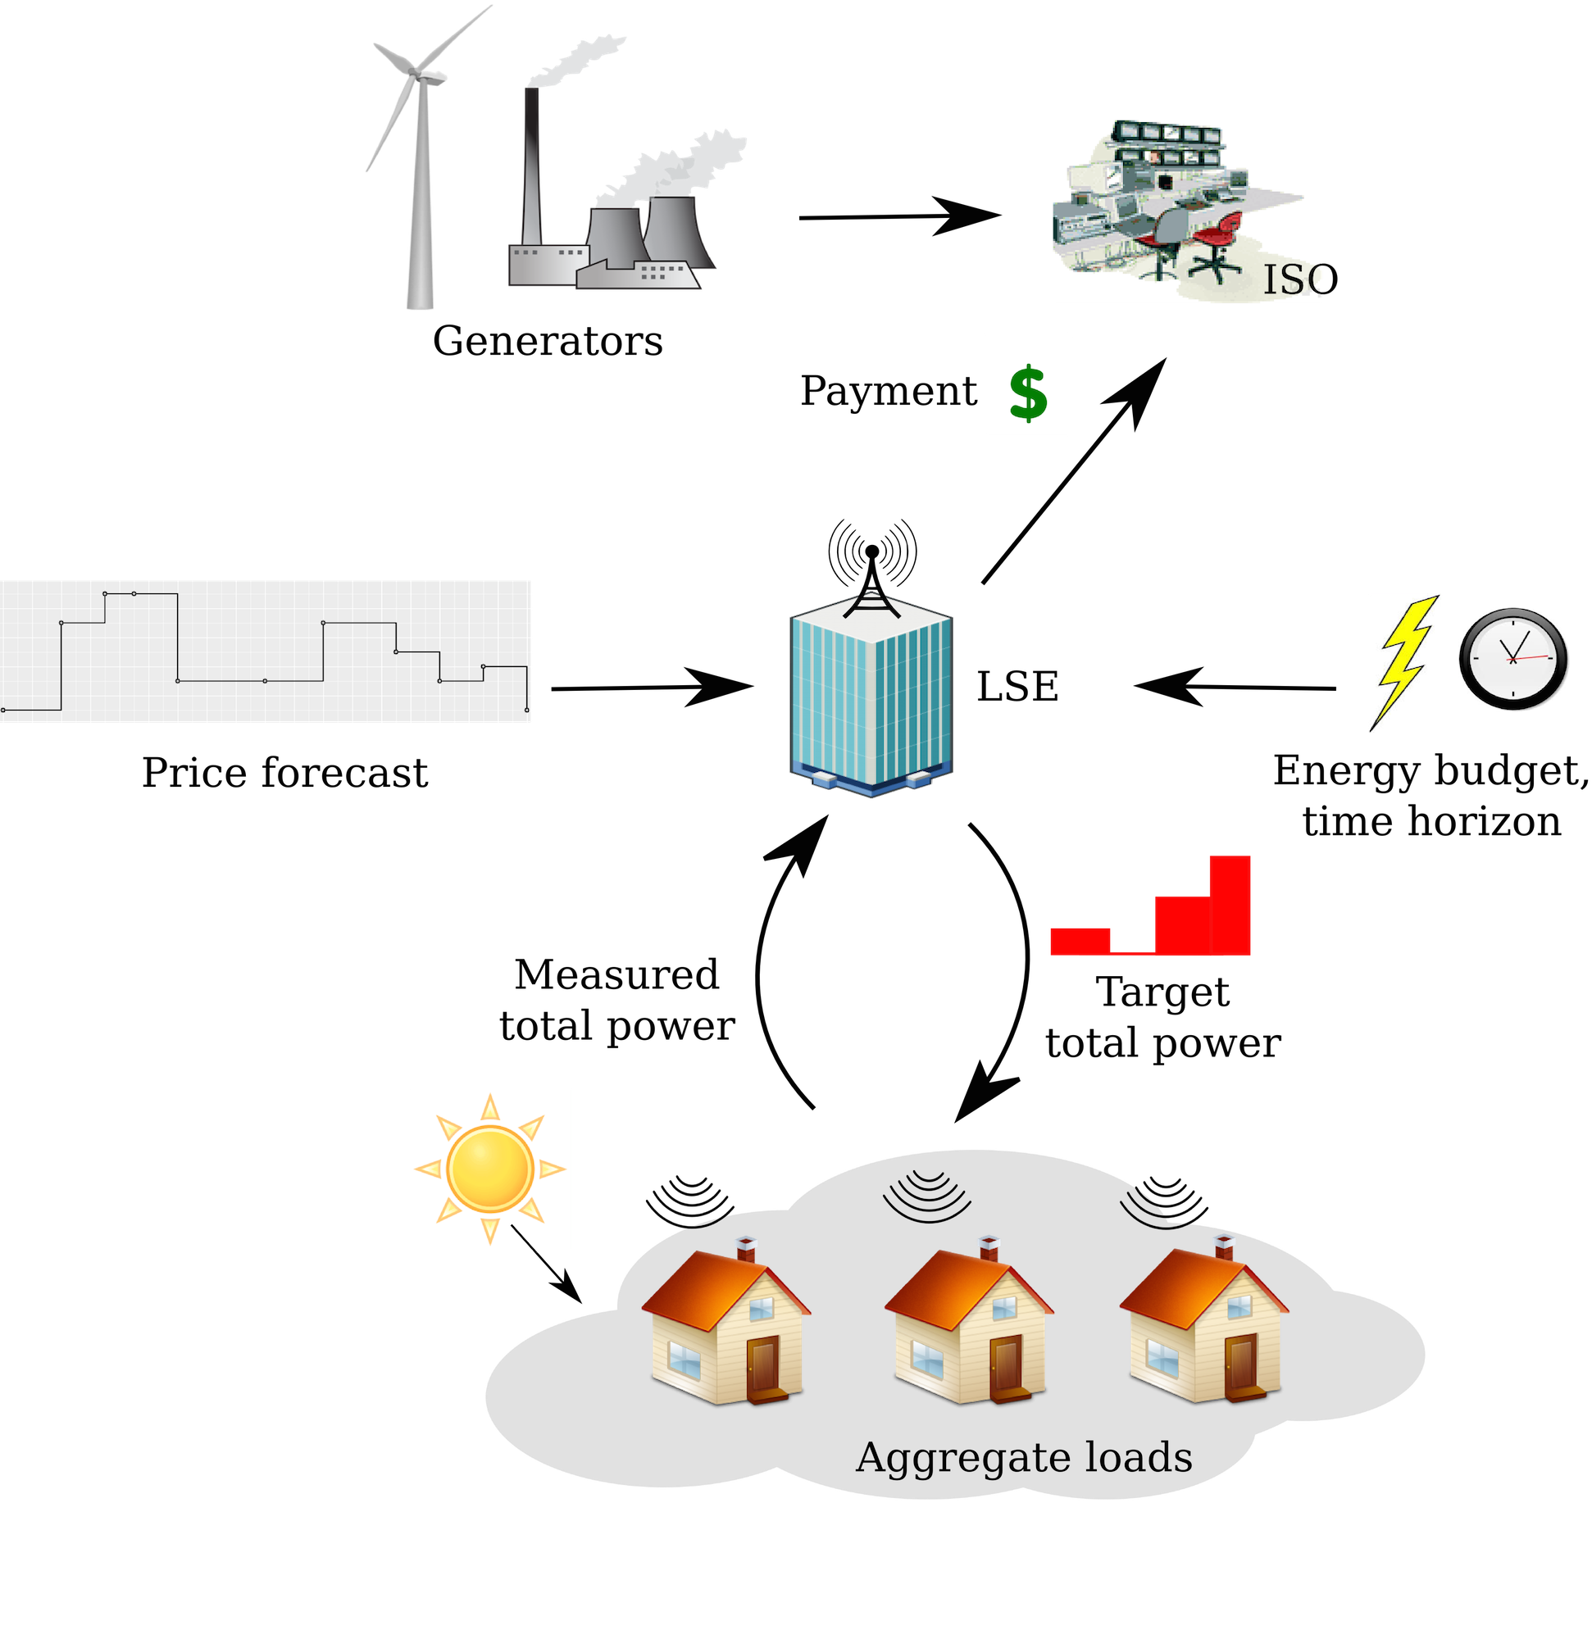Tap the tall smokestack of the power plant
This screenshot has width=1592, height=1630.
tap(532, 167)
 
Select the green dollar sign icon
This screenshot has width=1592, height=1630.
tap(1028, 393)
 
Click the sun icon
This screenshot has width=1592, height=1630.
tap(490, 1169)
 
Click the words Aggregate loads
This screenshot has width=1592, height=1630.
tap(1023, 1459)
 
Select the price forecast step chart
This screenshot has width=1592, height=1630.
tap(265, 652)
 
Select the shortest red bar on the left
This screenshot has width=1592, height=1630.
tap(1080, 941)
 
